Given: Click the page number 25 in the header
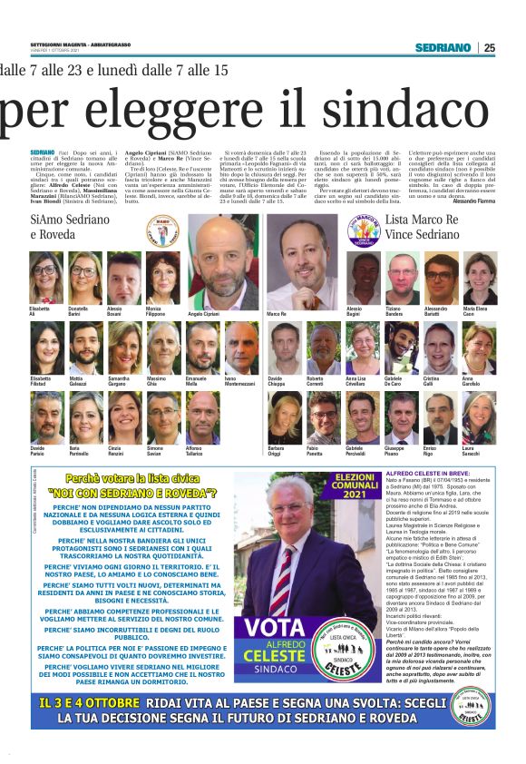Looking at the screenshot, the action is pyautogui.click(x=489, y=47).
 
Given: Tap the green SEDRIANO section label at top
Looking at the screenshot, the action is pyautogui.click(x=443, y=47).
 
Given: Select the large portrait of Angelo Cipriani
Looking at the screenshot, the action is pyautogui.click(x=222, y=263).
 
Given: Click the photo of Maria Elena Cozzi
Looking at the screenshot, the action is pyautogui.click(x=480, y=279).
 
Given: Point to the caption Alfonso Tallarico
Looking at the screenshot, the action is pyautogui.click(x=202, y=451).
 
